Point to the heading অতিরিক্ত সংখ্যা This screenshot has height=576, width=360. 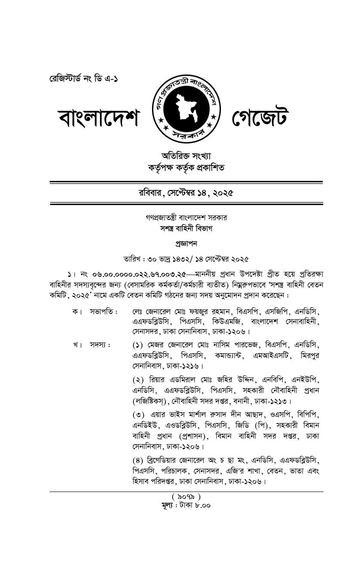(x=186, y=156)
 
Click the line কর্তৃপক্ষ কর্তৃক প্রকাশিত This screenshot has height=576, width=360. (x=186, y=167)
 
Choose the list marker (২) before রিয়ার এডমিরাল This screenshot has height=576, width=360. (x=138, y=380)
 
